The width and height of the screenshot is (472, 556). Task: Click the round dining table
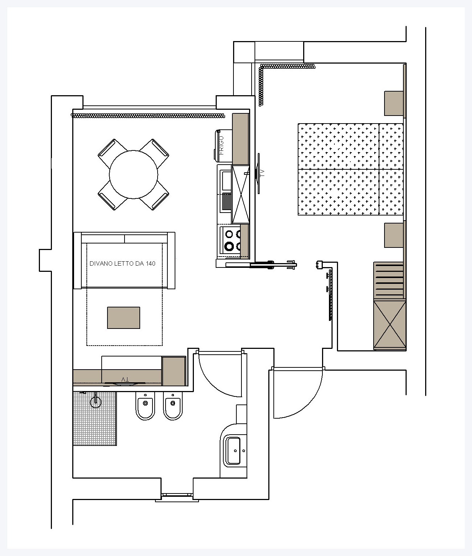point(133,174)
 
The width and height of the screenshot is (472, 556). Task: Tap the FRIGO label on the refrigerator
point(221,145)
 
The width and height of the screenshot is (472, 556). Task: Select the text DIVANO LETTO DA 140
point(123,263)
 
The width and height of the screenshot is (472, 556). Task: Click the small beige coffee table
point(124,318)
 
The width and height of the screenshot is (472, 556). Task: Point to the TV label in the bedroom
point(263,173)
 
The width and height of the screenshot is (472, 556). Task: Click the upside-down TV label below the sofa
point(125,379)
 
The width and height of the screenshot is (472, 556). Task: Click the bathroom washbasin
point(233,451)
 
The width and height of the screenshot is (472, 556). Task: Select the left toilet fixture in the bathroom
point(146,406)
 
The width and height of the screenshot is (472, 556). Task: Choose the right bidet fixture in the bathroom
point(173,406)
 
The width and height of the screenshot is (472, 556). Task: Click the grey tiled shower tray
point(95,418)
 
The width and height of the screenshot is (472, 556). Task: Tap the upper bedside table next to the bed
point(394,103)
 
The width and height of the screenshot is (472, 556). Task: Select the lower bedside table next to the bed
point(394,235)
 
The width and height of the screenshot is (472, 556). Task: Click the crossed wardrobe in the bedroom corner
point(390,325)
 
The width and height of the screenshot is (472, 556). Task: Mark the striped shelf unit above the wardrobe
point(389,280)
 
